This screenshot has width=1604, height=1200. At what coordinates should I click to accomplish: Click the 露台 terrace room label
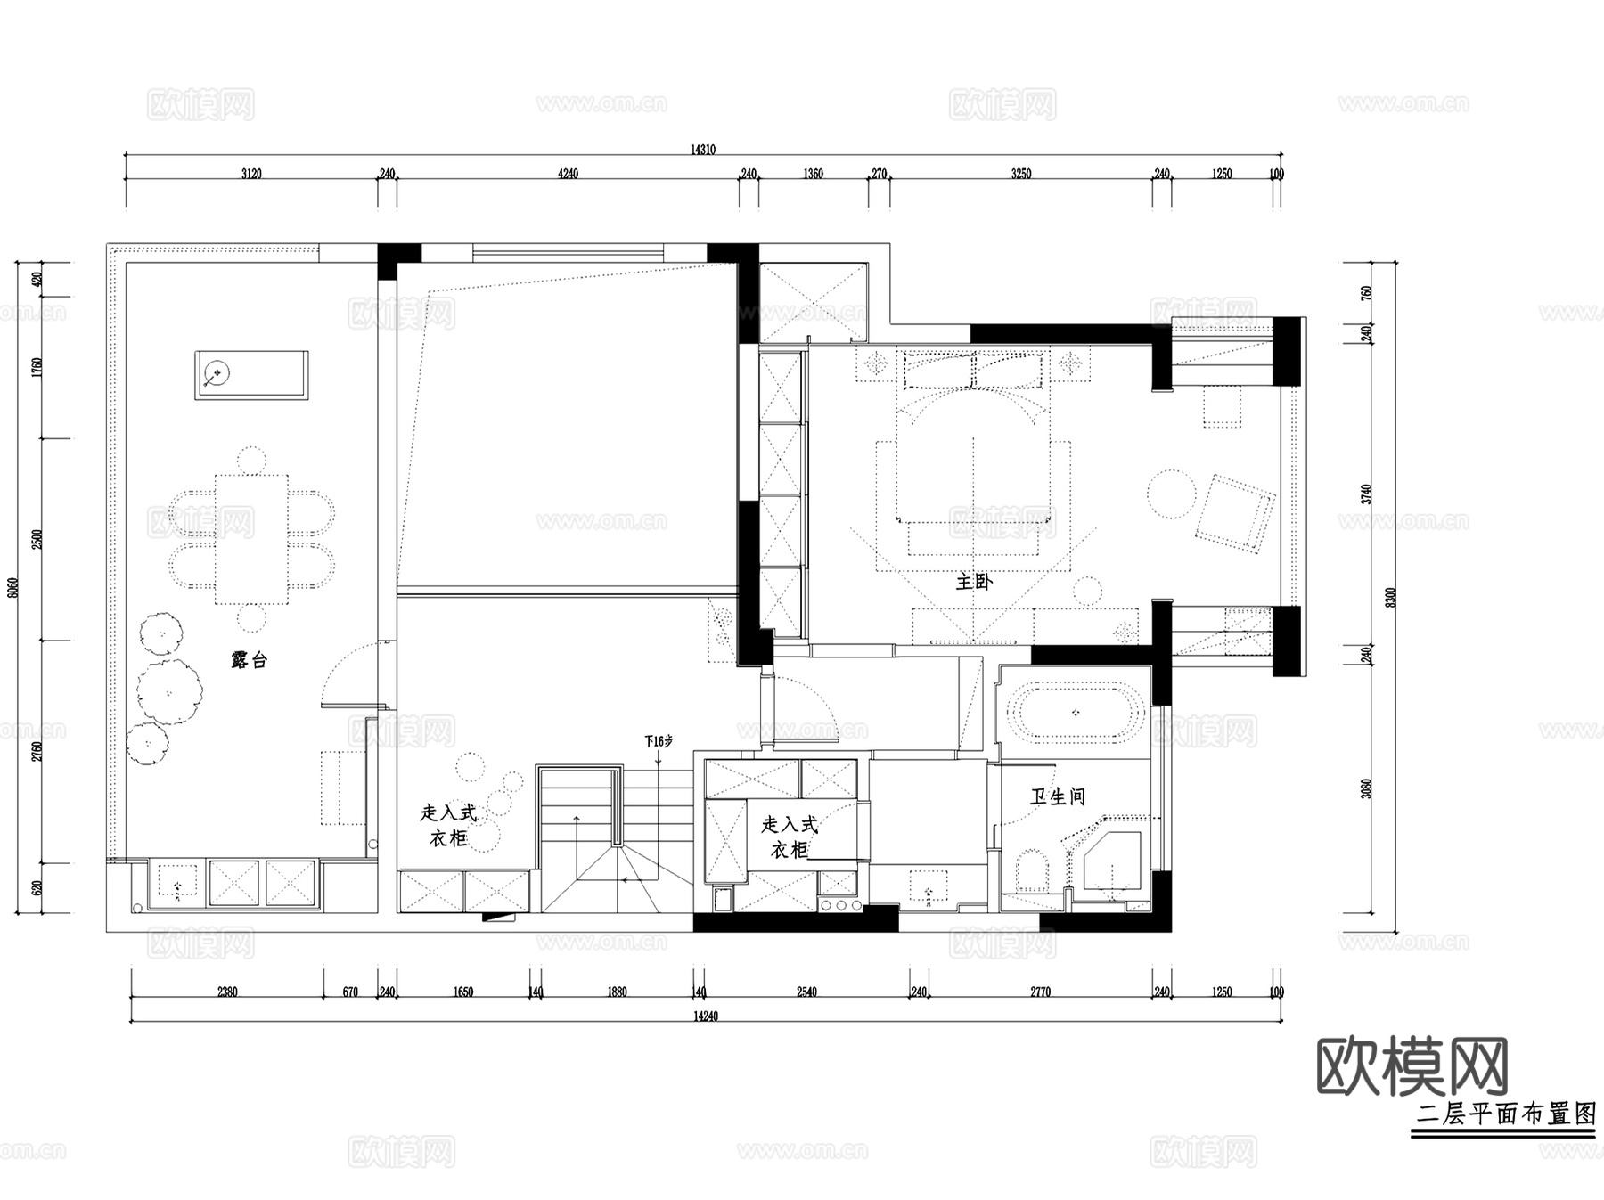click(x=249, y=660)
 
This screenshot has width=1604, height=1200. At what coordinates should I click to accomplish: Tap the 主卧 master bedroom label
click(x=973, y=583)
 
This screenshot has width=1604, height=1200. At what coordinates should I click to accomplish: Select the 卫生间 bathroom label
click(x=1058, y=796)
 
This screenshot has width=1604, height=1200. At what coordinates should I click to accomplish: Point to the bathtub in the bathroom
click(x=1076, y=712)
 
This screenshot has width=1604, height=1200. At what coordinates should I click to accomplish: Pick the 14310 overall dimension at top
click(x=702, y=150)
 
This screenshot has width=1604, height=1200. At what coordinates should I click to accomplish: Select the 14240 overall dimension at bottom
click(x=704, y=1016)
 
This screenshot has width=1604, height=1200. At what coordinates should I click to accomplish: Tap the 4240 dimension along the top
click(x=568, y=174)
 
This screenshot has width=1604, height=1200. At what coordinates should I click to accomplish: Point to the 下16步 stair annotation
click(x=659, y=740)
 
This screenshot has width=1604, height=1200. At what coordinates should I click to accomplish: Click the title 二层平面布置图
click(x=1505, y=1114)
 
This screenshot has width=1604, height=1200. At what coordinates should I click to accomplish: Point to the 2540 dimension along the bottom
click(x=806, y=992)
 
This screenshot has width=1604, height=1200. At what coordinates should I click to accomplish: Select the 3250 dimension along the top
click(x=1021, y=174)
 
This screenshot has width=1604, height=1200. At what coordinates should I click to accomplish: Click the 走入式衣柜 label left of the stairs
click(x=448, y=825)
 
